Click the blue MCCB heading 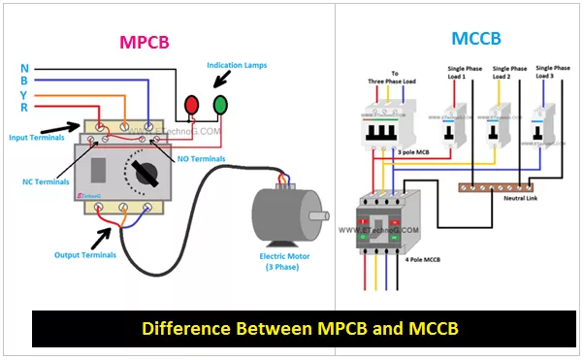(476, 40)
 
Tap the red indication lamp (193, 104)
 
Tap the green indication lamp (221, 104)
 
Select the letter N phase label (25, 68)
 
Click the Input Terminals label (33, 136)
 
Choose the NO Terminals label (199, 157)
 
